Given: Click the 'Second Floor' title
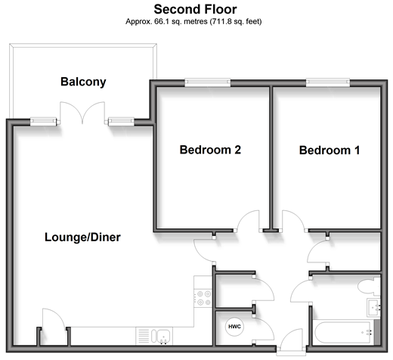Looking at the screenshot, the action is pyautogui.click(x=195, y=10).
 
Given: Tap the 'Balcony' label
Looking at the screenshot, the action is pyautogui.click(x=83, y=82).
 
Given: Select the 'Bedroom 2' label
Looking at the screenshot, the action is pyautogui.click(x=210, y=150).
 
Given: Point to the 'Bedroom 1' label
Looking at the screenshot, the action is pyautogui.click(x=330, y=151).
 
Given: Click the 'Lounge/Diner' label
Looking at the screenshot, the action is pyautogui.click(x=82, y=237).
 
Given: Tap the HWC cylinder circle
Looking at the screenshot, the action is pyautogui.click(x=234, y=327).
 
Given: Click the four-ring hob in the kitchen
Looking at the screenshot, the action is pyautogui.click(x=203, y=298).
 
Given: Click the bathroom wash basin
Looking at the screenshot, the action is pyautogui.click(x=374, y=307).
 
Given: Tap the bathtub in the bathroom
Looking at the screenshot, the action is pyautogui.click(x=343, y=333).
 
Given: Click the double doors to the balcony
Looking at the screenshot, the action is pyautogui.click(x=82, y=113).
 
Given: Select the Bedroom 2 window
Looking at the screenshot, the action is pyautogui.click(x=208, y=82).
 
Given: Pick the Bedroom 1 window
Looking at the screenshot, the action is pyautogui.click(x=328, y=82).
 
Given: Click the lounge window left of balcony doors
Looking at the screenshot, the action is pyautogui.click(x=43, y=122).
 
